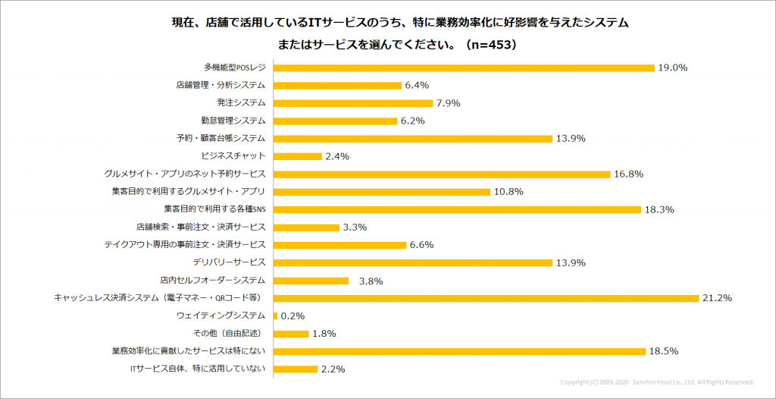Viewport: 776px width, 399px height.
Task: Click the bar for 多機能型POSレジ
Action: (463, 68)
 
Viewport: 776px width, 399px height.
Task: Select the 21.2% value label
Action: (717, 298)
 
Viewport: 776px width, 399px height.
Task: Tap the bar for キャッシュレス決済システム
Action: (485, 298)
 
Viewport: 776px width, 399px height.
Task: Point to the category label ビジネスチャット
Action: (233, 156)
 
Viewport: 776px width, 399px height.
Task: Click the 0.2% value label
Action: (293, 316)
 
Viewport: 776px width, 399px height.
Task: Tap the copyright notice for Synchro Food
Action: (657, 382)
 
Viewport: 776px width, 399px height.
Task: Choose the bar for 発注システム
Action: (352, 102)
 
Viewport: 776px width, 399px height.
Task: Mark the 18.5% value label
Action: (663, 351)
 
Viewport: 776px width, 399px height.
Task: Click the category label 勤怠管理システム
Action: (233, 120)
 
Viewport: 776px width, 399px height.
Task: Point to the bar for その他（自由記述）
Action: (290, 334)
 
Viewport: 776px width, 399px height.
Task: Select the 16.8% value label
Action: (629, 174)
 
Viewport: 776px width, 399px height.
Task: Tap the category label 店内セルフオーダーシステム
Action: (213, 280)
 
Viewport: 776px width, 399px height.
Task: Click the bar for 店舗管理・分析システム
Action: (336, 85)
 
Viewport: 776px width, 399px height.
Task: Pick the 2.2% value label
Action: (333, 369)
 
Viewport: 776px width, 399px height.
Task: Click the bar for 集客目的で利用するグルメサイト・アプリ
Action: (381, 191)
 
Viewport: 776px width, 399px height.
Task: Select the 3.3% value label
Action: (355, 227)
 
